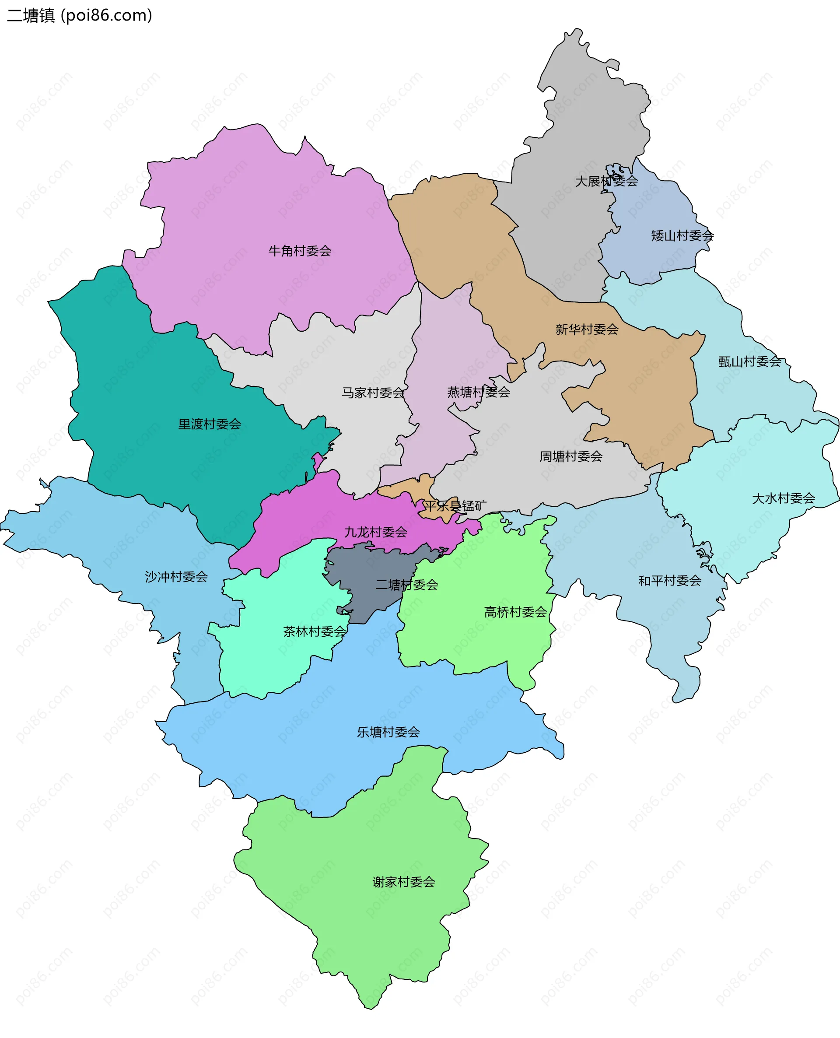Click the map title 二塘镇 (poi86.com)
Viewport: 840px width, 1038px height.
(80, 15)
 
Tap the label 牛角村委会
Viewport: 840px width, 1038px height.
(300, 251)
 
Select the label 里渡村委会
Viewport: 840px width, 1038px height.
(210, 424)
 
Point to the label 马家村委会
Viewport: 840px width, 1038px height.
(373, 393)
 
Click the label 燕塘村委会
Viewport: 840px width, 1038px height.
(479, 392)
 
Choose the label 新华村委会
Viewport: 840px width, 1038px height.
(587, 330)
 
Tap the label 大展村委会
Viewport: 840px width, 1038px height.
(606, 181)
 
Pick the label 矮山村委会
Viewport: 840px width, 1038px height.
(682, 236)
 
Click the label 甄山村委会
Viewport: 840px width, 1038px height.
(749, 361)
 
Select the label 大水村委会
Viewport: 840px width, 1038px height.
(784, 498)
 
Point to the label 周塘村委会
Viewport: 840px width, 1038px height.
(571, 456)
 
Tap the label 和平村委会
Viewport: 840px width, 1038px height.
(670, 580)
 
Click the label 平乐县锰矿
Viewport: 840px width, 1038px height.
(455, 506)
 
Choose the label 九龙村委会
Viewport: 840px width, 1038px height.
(376, 532)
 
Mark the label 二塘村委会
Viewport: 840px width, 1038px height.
(407, 585)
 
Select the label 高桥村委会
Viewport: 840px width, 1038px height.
(516, 612)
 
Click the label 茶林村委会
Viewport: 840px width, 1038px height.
(315, 631)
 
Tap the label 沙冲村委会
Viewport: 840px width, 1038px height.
(176, 577)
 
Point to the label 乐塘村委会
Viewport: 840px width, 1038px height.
(388, 732)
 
